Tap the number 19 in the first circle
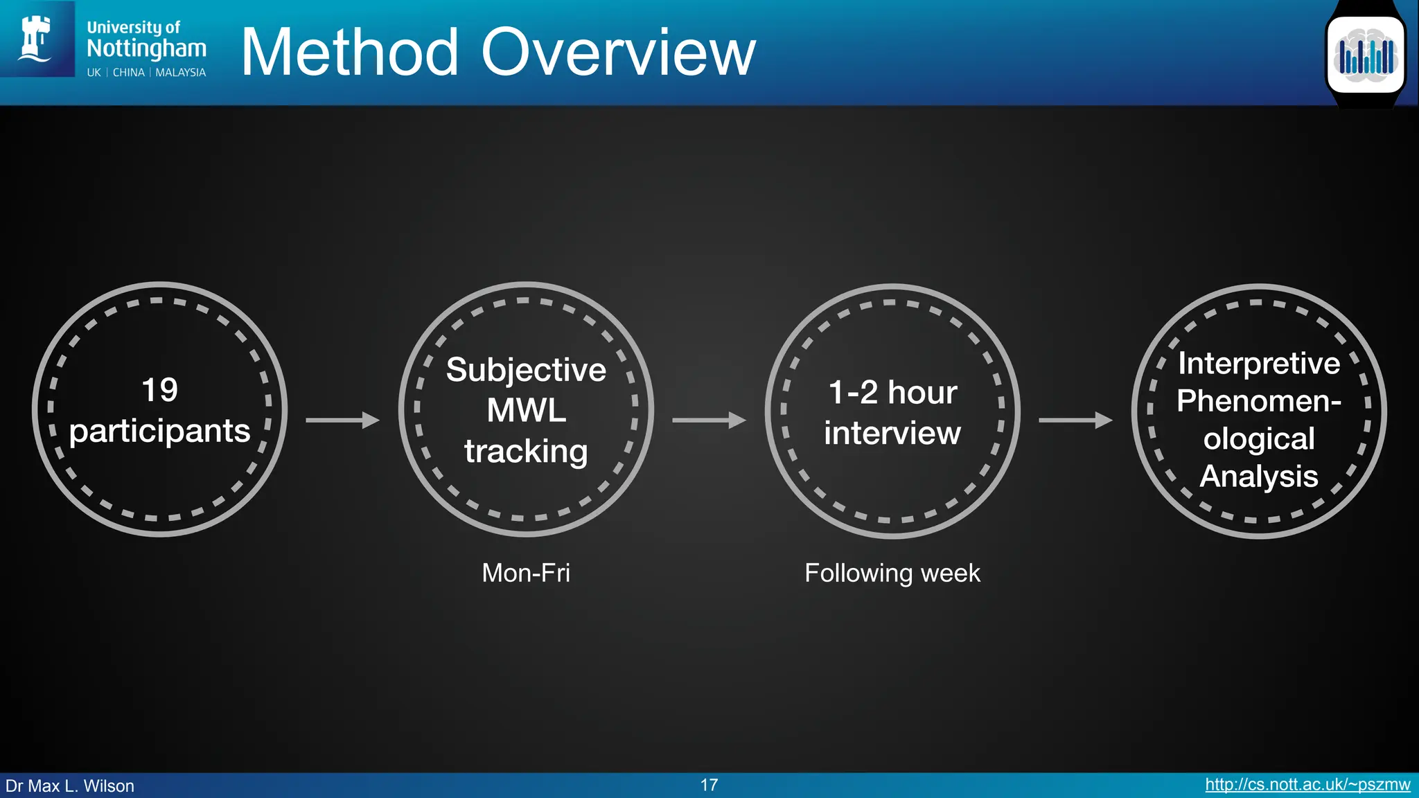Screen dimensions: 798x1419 159,390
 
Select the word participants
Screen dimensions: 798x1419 159,432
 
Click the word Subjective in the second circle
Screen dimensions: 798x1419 526,370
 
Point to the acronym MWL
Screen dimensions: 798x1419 526,410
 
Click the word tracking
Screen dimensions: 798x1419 526,451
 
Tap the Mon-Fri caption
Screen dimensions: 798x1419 526,573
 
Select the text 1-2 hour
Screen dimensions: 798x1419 892,393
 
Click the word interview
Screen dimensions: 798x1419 892,433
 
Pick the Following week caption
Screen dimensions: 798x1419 892,573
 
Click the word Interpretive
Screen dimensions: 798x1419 1259,364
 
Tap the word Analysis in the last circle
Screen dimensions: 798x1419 1259,477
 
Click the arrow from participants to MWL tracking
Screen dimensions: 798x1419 342,420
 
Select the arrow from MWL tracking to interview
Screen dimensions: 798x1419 709,420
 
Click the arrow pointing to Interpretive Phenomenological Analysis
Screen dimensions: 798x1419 1075,420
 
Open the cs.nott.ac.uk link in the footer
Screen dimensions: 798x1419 1307,785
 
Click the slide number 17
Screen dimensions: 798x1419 709,785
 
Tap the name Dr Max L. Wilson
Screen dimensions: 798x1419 70,786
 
